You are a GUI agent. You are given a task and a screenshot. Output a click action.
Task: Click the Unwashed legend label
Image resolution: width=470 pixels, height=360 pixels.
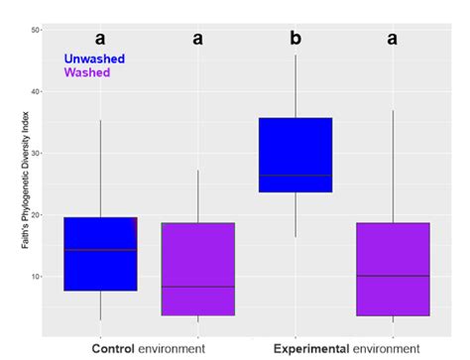pos(97,60)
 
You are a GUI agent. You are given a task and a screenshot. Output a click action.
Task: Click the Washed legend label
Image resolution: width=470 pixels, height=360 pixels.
pos(87,73)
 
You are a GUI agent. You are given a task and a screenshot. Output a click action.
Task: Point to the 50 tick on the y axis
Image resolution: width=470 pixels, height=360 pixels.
pos(35,30)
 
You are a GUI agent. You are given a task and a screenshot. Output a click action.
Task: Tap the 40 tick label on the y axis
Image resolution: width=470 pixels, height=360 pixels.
pos(35,92)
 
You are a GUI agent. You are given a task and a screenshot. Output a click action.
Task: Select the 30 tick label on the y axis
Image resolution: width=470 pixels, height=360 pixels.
pos(35,154)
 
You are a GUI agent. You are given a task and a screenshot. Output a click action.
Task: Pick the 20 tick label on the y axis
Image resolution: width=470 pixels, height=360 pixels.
pos(35,215)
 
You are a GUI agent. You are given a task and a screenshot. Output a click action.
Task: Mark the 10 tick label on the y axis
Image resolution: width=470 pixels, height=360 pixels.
pos(35,277)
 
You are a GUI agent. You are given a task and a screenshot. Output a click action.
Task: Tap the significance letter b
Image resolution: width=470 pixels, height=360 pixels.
pos(294,39)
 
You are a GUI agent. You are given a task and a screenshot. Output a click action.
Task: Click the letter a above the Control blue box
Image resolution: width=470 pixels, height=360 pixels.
pos(100,39)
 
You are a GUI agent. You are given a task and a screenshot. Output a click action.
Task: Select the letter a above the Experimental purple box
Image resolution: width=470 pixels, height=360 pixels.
pos(393,39)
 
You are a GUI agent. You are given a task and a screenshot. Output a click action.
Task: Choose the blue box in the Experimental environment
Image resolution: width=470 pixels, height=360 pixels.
pos(295,155)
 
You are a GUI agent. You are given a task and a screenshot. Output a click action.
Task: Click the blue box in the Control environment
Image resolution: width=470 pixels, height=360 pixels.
pos(100,254)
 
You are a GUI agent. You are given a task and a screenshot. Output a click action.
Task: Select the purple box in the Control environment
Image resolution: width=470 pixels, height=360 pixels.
pos(197,269)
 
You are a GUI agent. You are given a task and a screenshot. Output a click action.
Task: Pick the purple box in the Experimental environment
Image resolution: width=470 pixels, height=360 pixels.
pos(393,269)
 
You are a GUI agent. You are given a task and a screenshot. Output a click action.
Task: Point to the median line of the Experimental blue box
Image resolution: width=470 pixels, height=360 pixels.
pos(295,176)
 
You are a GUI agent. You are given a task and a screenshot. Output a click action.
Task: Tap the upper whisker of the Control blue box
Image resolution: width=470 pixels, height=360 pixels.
pos(100,169)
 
